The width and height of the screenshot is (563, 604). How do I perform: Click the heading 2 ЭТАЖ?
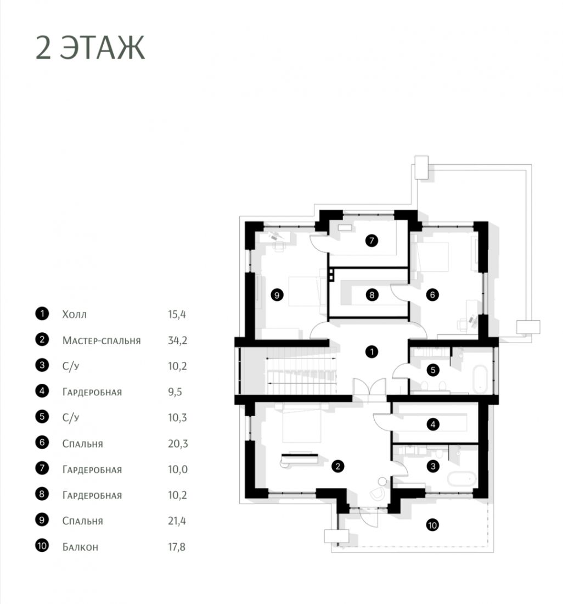point(90,48)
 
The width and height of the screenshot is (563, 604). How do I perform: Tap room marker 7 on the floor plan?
point(371,241)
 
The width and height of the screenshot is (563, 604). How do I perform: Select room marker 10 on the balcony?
point(432,525)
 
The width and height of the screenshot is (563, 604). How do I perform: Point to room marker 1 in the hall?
point(371,351)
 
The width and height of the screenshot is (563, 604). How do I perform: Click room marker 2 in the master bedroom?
point(337,467)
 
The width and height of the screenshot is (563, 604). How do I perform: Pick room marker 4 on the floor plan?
point(433,424)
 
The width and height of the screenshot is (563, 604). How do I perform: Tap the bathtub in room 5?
point(480,379)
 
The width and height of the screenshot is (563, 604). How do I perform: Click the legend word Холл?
point(75,314)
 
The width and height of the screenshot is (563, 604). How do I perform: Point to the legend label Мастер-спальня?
point(102,340)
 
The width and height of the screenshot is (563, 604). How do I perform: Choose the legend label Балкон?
point(81,547)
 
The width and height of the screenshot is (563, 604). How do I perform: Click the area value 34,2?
point(177,340)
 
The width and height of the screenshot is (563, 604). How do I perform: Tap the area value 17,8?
point(177,547)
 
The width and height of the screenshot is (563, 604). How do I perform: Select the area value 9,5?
point(174,392)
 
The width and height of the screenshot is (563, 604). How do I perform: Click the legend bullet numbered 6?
point(42,442)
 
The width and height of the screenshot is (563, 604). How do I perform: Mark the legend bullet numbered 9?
point(42,520)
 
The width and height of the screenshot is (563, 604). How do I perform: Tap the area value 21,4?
point(177,521)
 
